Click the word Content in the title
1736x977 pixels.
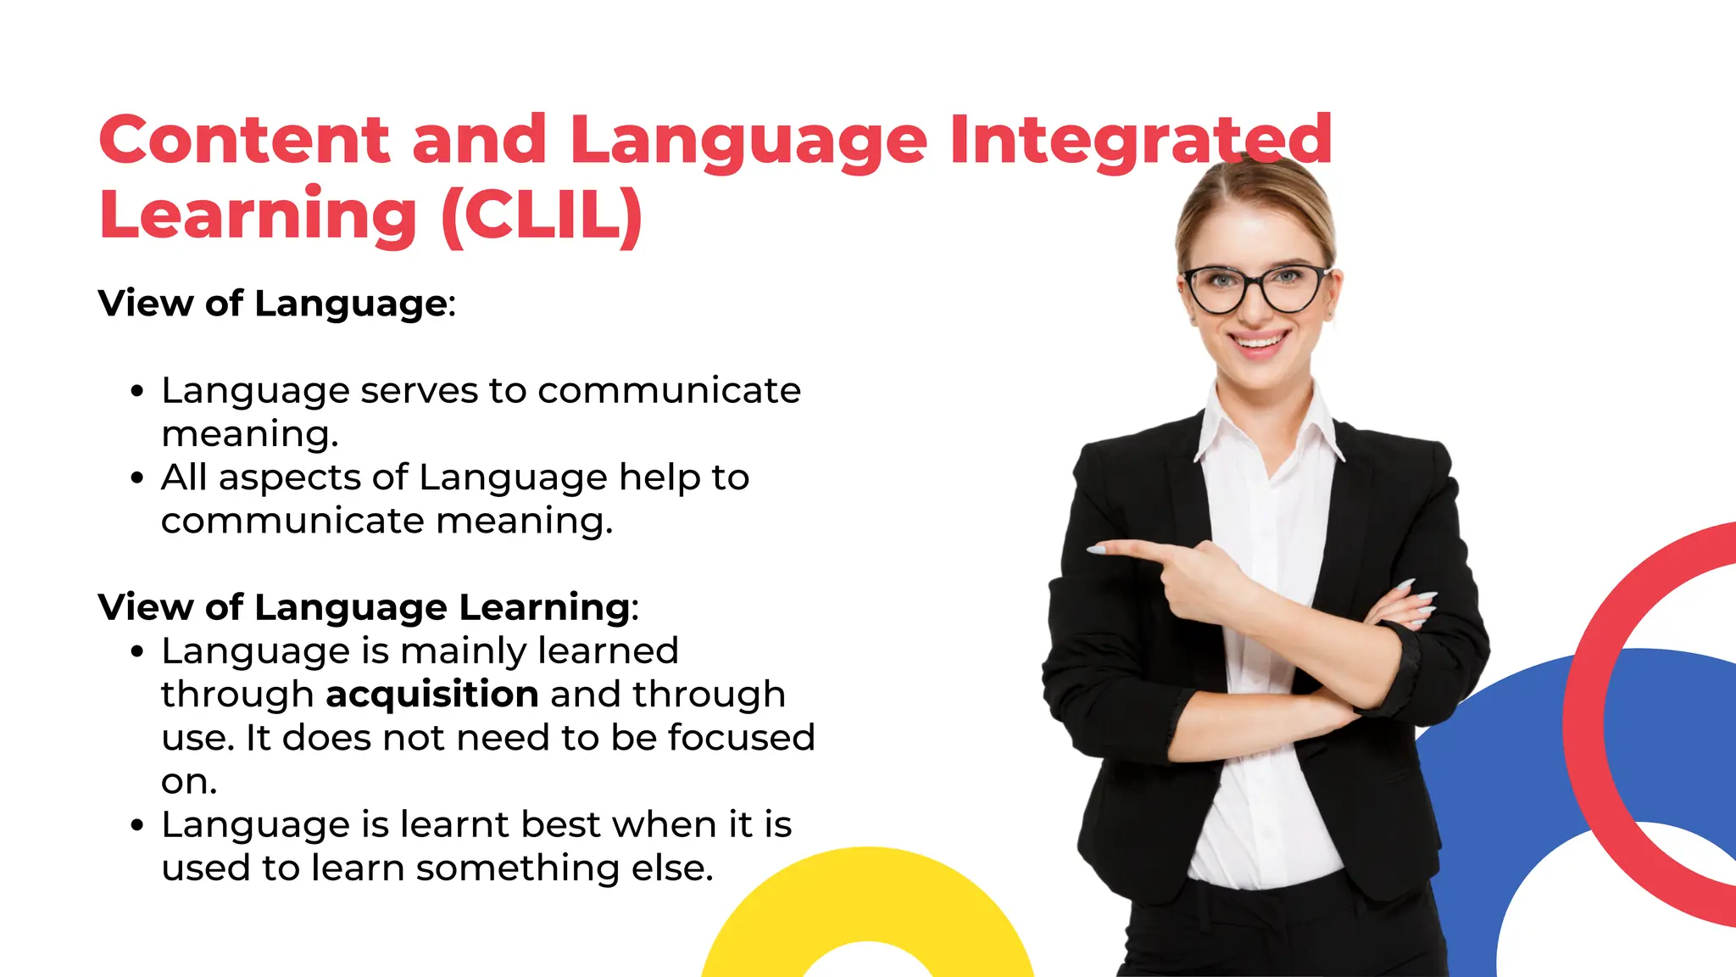(x=244, y=140)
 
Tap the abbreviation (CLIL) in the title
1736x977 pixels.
(x=542, y=215)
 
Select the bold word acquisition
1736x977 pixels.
(x=432, y=695)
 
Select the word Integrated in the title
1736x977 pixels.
(x=1140, y=140)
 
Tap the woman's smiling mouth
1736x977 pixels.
(x=1259, y=343)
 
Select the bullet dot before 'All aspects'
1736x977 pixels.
(x=137, y=478)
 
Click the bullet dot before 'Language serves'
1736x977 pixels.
(x=137, y=392)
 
